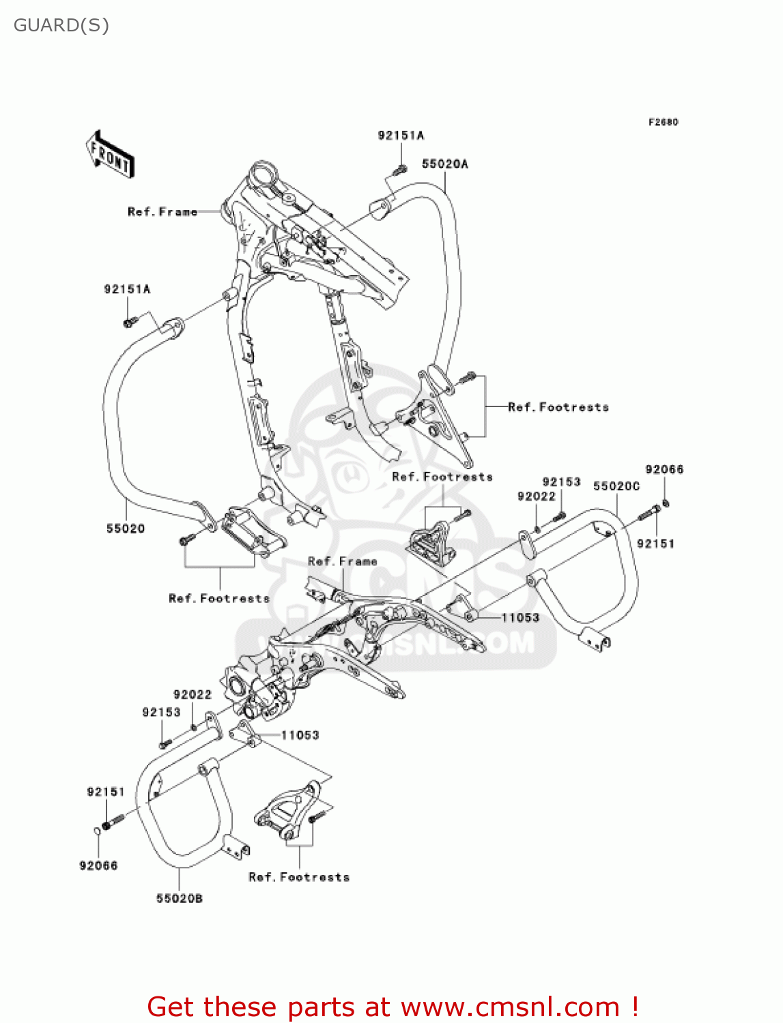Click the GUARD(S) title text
pyautogui.click(x=61, y=25)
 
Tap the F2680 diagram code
pyautogui.click(x=663, y=122)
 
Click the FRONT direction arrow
pyautogui.click(x=110, y=154)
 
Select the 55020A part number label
pyautogui.click(x=444, y=164)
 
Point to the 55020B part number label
pyautogui.click(x=179, y=898)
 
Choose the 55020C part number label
pyautogui.click(x=616, y=486)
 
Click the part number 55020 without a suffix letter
pyautogui.click(x=126, y=528)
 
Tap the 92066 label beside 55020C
pyautogui.click(x=664, y=469)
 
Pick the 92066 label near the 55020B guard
pyautogui.click(x=98, y=865)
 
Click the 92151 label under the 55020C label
pyautogui.click(x=655, y=544)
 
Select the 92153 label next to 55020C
pyautogui.click(x=561, y=481)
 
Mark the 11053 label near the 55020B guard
pyautogui.click(x=300, y=735)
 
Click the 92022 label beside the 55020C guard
pyautogui.click(x=536, y=496)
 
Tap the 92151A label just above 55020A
pyautogui.click(x=401, y=135)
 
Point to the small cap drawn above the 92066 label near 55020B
pyautogui.click(x=97, y=829)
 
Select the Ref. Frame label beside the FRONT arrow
pyautogui.click(x=162, y=211)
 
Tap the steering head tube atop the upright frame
pyautogui.click(x=263, y=173)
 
